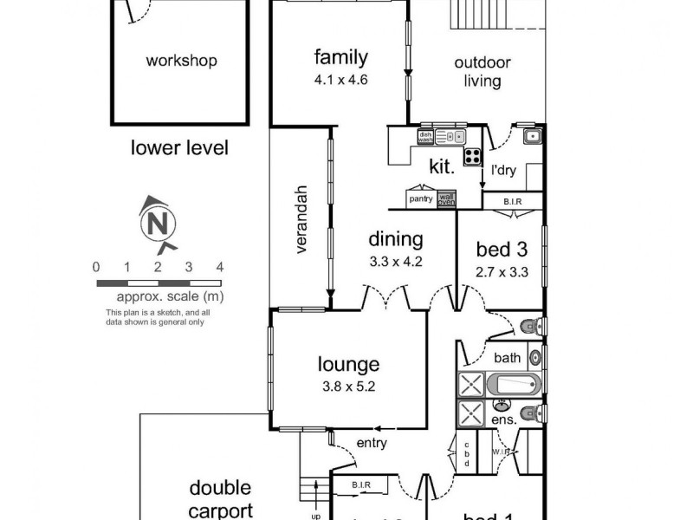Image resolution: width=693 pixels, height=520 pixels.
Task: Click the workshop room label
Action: pyautogui.click(x=181, y=61)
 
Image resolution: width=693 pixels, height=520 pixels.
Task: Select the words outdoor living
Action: pyautogui.click(x=483, y=72)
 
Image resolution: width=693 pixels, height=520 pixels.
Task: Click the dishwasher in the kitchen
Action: pyautogui.click(x=425, y=136)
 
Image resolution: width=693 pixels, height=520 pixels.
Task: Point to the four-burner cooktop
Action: pyautogui.click(x=474, y=157)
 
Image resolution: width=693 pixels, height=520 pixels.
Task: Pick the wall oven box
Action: pyautogui.click(x=445, y=198)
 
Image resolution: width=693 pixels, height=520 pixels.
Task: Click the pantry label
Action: pyautogui.click(x=421, y=199)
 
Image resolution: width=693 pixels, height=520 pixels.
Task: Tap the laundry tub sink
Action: pyautogui.click(x=532, y=135)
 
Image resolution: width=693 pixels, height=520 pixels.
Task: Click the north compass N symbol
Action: pyautogui.click(x=157, y=224)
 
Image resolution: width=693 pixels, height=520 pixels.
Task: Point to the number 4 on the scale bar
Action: pyautogui.click(x=220, y=267)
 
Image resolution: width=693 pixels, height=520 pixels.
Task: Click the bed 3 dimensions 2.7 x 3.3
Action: pyautogui.click(x=502, y=272)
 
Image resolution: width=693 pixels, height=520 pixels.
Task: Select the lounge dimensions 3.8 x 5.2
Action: pyautogui.click(x=348, y=387)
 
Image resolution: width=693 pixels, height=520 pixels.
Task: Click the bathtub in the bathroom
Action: pyautogui.click(x=514, y=384)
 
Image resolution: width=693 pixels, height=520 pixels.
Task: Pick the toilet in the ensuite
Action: pyautogui.click(x=532, y=411)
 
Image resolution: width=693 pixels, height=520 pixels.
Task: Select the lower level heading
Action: pyautogui.click(x=179, y=148)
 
